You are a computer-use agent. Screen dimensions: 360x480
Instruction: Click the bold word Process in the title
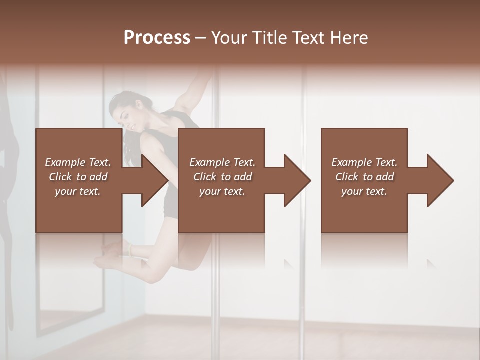click(x=157, y=38)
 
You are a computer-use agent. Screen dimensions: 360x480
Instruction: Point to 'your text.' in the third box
click(x=364, y=191)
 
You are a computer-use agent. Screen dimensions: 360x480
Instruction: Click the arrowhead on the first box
click(x=152, y=180)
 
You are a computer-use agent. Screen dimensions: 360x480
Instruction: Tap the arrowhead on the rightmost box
click(x=438, y=180)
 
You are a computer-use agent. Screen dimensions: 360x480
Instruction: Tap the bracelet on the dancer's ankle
click(x=130, y=248)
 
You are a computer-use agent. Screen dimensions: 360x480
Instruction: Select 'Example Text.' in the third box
click(x=364, y=162)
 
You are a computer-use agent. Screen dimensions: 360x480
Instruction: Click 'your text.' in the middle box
click(x=222, y=191)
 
